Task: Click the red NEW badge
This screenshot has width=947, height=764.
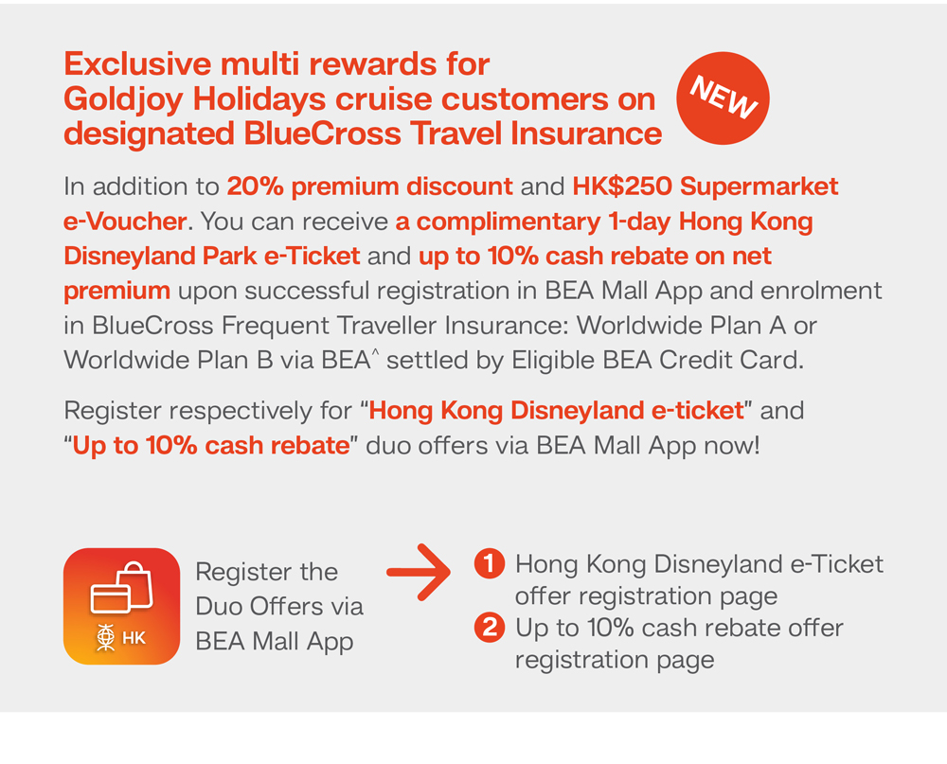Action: point(723,98)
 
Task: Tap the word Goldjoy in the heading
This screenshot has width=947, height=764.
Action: point(123,100)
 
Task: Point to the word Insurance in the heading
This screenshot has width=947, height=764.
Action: point(586,133)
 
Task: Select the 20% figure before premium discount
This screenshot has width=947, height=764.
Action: point(255,187)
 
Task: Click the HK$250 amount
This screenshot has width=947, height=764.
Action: point(622,187)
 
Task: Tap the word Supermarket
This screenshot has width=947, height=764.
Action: point(759,187)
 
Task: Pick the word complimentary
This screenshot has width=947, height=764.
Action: point(509,222)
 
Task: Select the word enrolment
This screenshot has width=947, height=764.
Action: point(821,291)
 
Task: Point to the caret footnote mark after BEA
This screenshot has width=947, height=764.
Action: point(375,351)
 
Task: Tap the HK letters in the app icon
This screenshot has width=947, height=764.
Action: point(134,638)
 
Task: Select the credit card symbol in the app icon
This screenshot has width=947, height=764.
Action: point(110,598)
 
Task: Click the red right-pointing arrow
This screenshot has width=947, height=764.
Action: point(419,572)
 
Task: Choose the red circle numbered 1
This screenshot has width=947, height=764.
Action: point(490,563)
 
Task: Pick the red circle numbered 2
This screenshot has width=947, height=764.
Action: point(490,627)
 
